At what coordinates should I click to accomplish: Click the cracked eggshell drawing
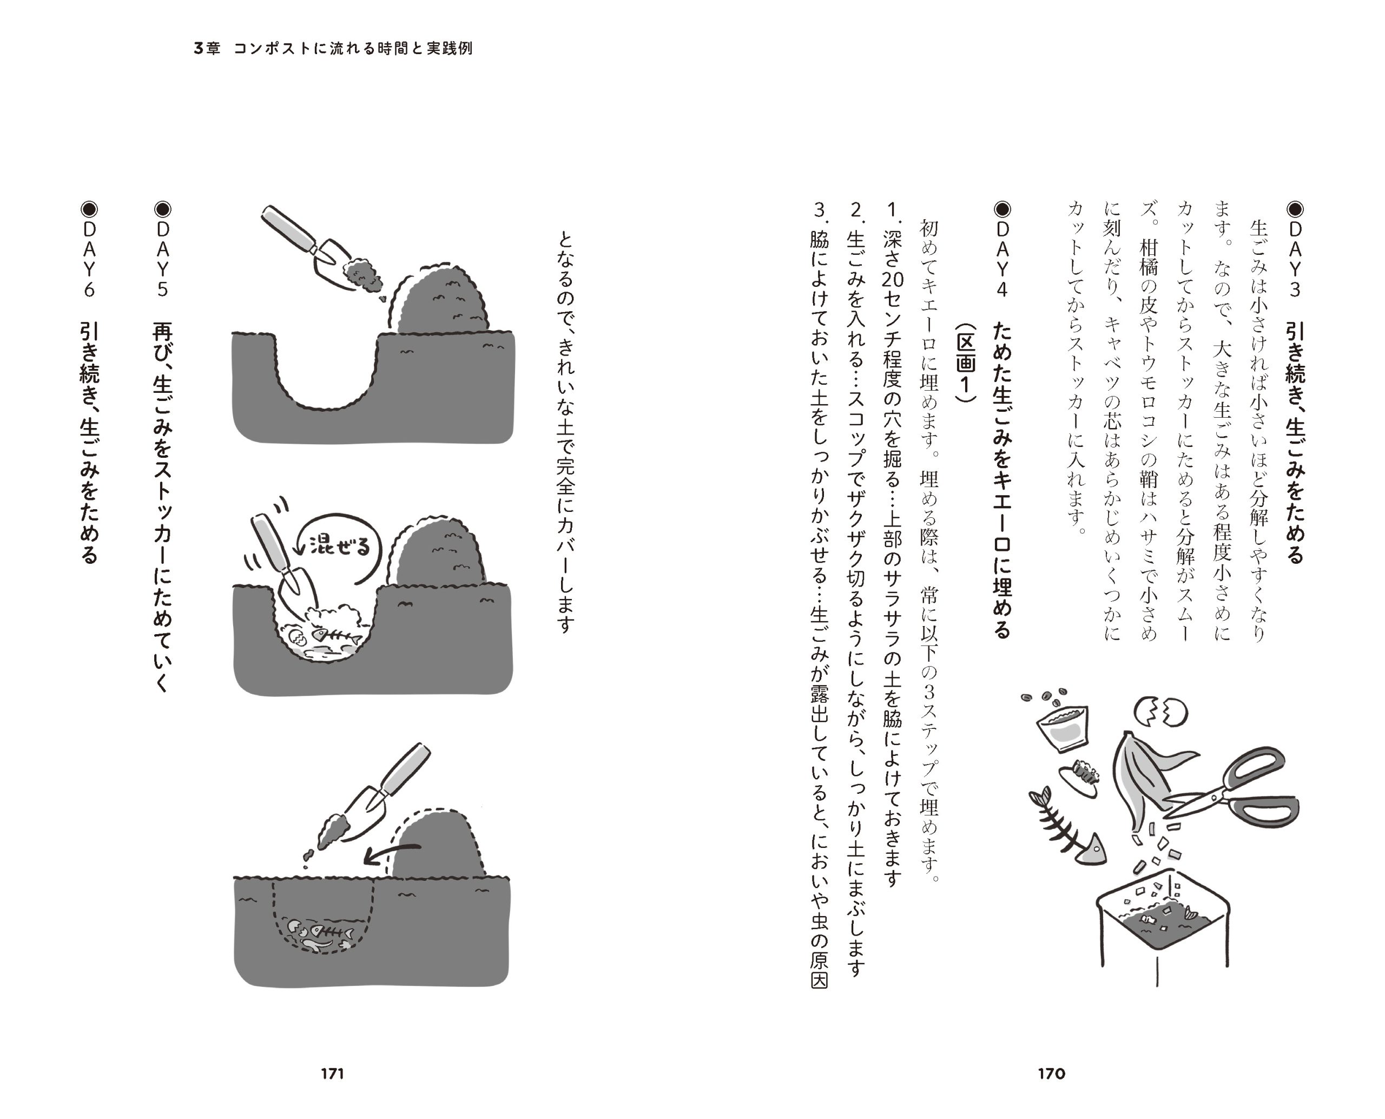(1160, 712)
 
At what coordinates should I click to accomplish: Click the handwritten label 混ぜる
(340, 545)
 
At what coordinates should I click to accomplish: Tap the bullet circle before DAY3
(1295, 209)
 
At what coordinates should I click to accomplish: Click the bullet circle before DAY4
(1002, 209)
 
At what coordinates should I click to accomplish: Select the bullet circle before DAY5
(162, 209)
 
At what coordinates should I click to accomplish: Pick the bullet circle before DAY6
(89, 209)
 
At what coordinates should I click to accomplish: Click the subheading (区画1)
(965, 362)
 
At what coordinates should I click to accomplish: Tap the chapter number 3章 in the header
(207, 48)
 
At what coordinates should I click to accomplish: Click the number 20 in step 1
(893, 279)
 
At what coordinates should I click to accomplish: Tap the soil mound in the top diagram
(441, 300)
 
